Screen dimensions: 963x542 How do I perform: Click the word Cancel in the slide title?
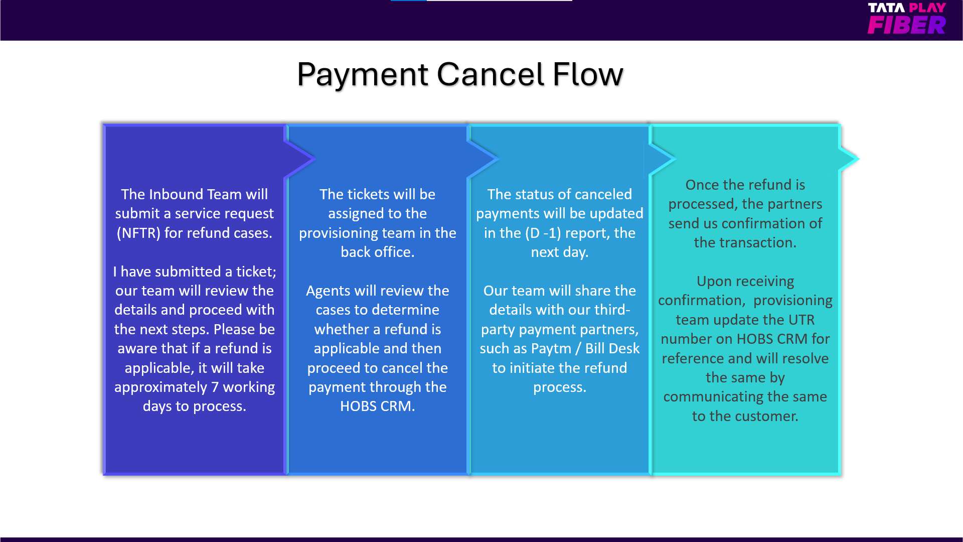[x=490, y=74]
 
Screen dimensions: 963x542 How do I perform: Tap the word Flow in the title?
[x=587, y=74]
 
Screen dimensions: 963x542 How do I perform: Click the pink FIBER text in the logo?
[x=907, y=25]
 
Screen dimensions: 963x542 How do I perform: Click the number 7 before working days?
[x=215, y=387]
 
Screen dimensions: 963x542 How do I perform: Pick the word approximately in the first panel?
[x=160, y=387]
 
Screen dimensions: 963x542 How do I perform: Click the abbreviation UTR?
[x=801, y=320]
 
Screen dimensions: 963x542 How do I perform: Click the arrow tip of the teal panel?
[x=858, y=159]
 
